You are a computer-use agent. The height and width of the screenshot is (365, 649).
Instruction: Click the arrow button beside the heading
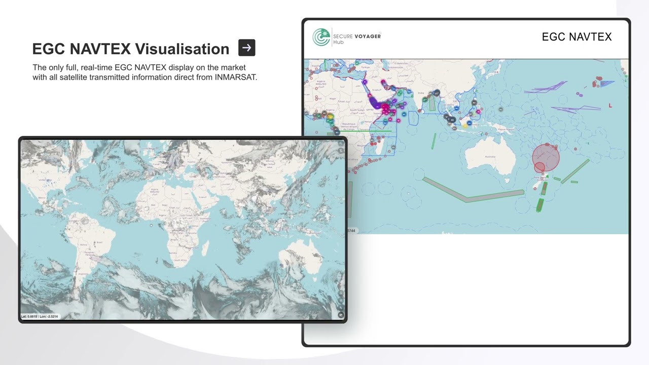[x=246, y=48]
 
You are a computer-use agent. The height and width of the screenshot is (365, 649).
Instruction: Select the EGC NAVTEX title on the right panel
[x=576, y=36]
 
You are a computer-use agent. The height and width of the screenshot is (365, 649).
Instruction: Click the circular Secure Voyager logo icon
[x=321, y=37]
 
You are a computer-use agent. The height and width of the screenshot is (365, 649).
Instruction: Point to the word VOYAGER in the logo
[x=368, y=36]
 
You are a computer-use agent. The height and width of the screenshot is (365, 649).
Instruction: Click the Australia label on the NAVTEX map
[x=490, y=157]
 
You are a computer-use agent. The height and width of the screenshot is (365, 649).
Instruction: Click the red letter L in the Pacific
[x=610, y=105]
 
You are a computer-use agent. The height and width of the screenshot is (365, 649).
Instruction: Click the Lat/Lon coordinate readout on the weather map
[x=40, y=316]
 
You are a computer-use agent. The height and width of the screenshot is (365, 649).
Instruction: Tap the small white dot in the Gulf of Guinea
[x=151, y=226]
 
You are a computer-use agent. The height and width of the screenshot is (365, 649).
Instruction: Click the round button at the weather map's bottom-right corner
[x=340, y=315]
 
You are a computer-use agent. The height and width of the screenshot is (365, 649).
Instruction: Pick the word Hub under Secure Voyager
[x=338, y=42]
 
